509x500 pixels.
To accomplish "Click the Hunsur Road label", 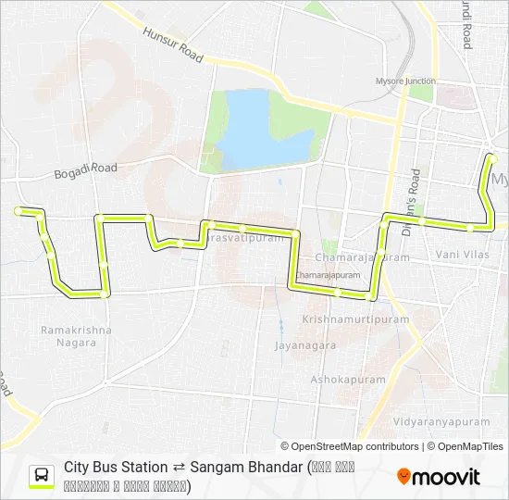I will (173, 44).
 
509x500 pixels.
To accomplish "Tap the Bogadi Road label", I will (86, 169).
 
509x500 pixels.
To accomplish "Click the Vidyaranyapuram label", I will (441, 421).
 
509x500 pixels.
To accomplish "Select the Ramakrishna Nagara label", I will (76, 335).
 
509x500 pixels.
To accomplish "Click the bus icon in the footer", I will (43, 476).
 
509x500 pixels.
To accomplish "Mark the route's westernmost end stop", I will (19, 211).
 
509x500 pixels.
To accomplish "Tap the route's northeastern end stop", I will (492, 158).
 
